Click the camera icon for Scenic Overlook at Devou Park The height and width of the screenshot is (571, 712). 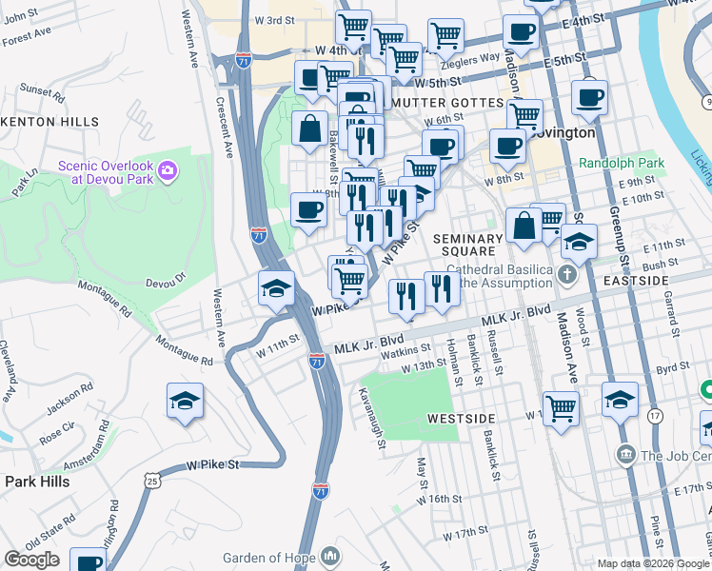coord(168,170)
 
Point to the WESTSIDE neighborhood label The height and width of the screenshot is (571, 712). coord(461,418)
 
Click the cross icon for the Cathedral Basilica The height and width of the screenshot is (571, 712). coord(567,276)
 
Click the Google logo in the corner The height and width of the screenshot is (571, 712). coord(31,560)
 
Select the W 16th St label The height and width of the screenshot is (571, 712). coord(442,499)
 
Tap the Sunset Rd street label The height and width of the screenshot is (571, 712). coord(40,90)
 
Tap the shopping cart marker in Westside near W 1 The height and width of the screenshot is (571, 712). coord(562,410)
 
